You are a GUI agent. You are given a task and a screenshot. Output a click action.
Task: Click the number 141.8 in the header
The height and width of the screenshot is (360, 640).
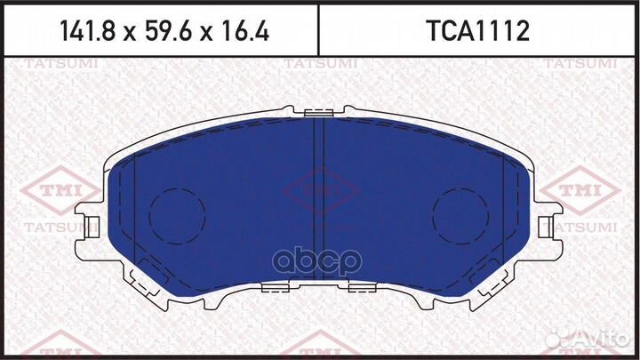pos(87,33)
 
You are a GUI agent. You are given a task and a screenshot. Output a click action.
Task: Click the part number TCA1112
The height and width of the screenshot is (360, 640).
pos(479,33)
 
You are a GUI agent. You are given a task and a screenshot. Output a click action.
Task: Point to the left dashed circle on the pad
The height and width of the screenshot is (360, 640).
pos(176,217)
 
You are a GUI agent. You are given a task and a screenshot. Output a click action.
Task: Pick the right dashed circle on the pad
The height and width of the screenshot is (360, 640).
pos(461,217)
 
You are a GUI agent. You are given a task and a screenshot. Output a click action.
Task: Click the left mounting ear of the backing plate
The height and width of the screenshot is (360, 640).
pos(89,223)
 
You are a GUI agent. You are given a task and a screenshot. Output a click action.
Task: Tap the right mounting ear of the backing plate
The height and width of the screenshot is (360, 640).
pos(551,223)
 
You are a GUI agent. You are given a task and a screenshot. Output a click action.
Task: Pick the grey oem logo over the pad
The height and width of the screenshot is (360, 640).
pos(320,258)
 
